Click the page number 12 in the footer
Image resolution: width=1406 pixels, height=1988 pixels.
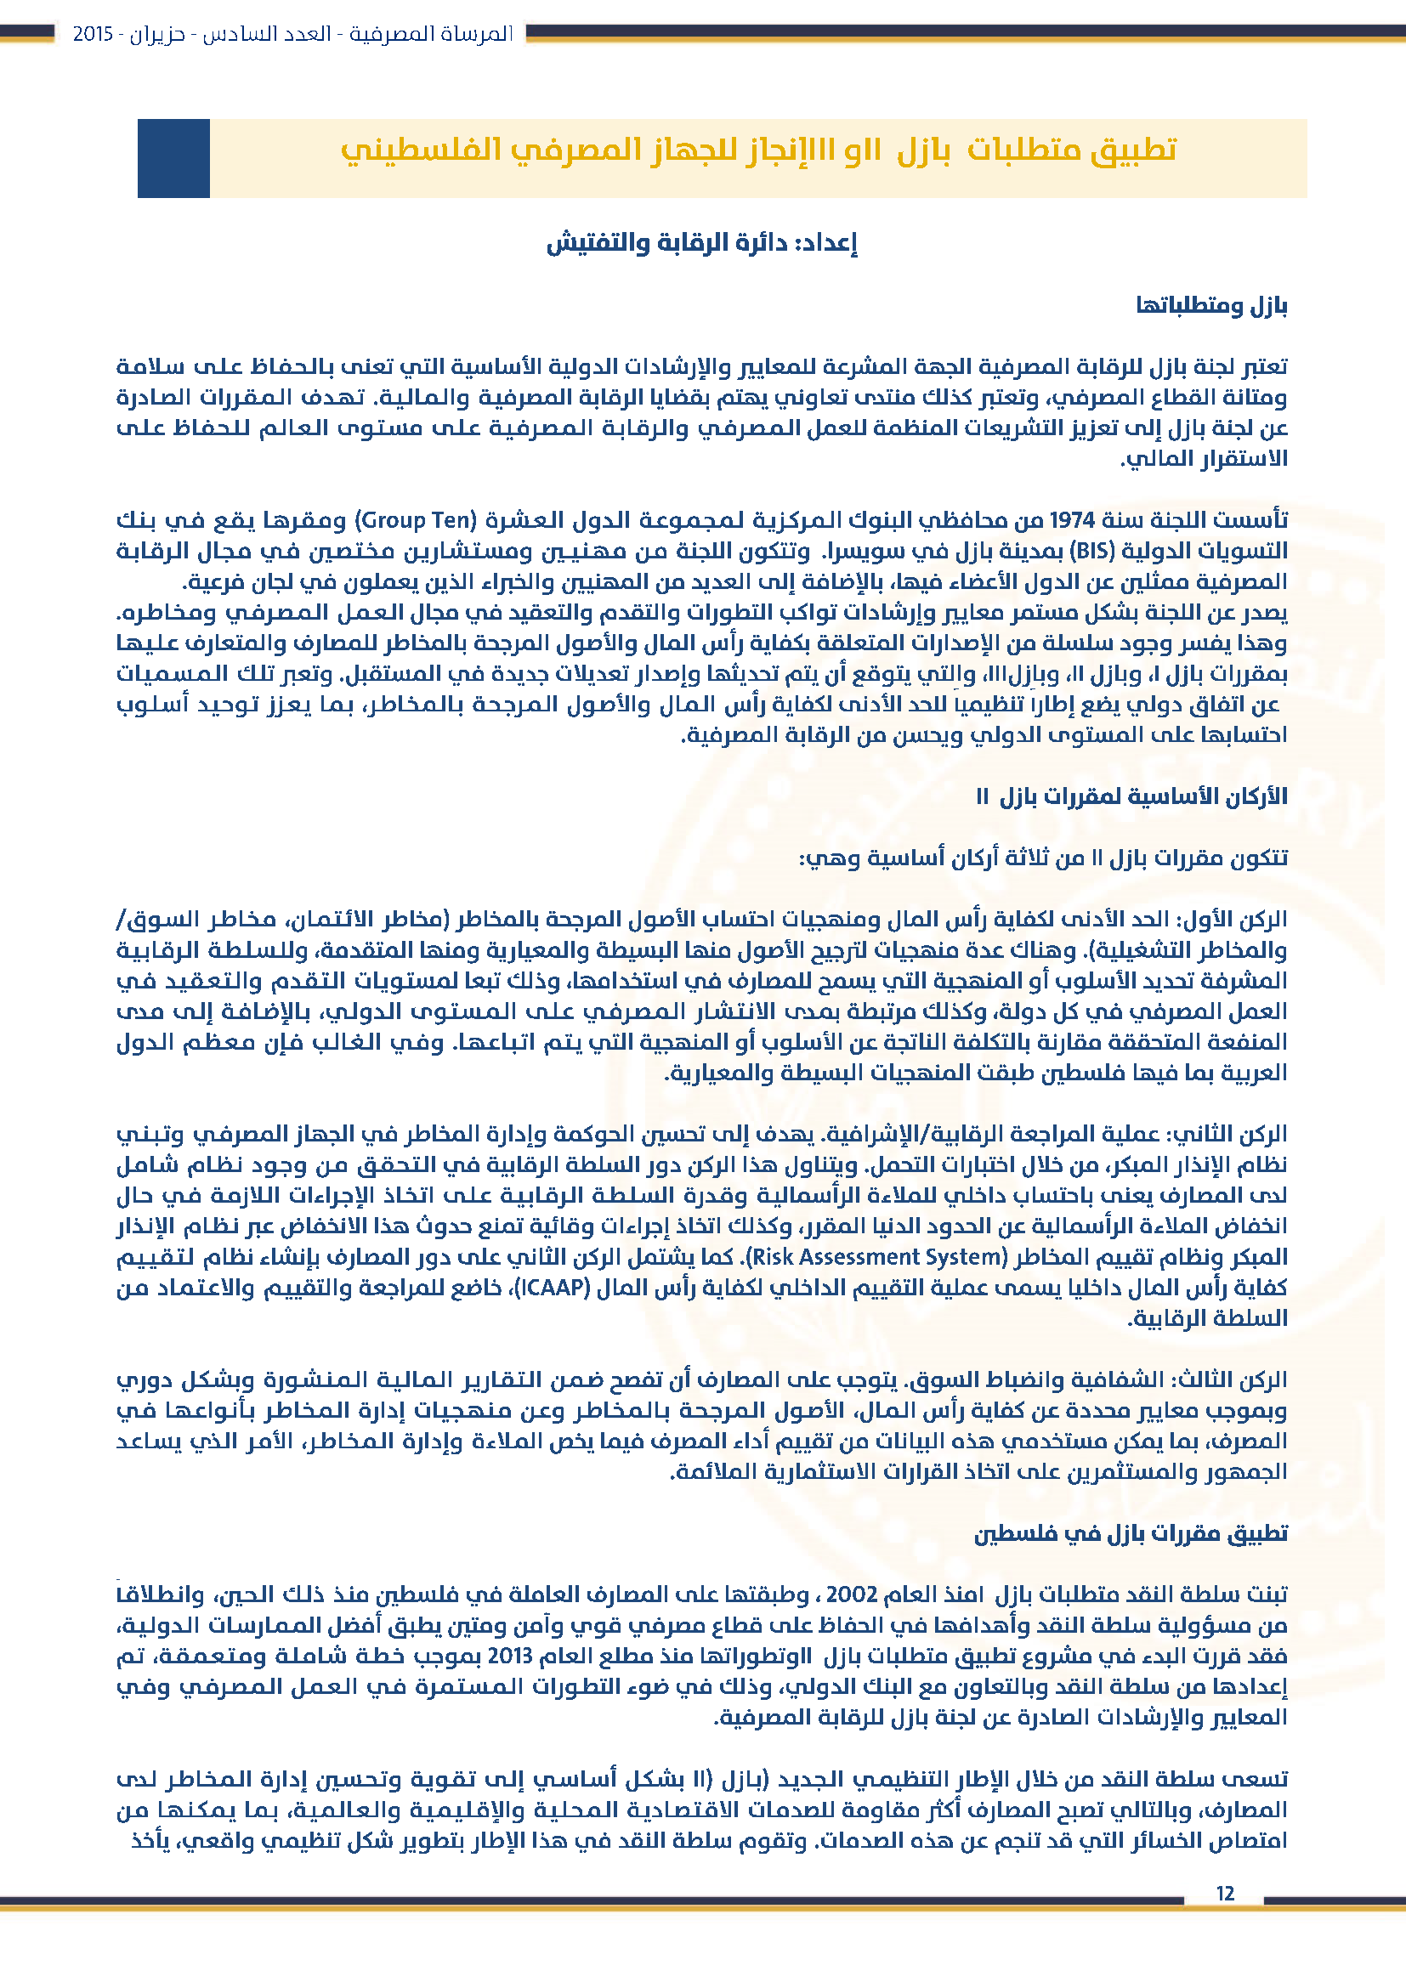click(1225, 1894)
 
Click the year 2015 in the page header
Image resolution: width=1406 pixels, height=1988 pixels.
click(93, 34)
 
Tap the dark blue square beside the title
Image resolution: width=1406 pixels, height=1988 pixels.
click(173, 158)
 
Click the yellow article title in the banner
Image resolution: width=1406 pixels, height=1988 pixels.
click(758, 150)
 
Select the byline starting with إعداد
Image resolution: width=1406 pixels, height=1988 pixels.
click(701, 243)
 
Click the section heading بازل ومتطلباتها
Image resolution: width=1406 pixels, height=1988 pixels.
click(1211, 306)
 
